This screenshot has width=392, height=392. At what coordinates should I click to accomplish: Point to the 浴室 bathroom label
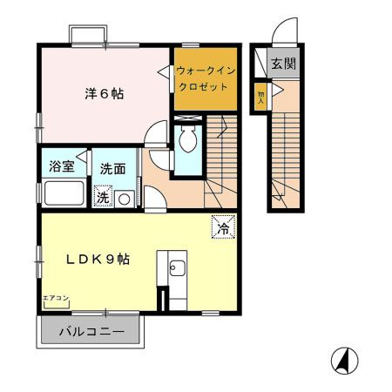[60, 166]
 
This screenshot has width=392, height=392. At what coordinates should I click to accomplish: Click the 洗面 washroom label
[112, 166]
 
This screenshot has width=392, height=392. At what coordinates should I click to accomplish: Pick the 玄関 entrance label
[282, 64]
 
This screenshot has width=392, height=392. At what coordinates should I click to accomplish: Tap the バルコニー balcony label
[91, 332]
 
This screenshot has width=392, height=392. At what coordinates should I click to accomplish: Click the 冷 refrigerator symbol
[223, 228]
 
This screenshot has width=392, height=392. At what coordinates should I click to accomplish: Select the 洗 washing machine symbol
[103, 198]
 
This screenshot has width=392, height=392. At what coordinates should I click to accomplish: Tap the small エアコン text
[53, 299]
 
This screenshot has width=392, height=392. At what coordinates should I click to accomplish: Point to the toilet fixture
[186, 139]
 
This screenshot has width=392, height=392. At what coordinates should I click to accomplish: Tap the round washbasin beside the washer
[125, 199]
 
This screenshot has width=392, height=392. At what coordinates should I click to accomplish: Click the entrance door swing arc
[286, 33]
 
